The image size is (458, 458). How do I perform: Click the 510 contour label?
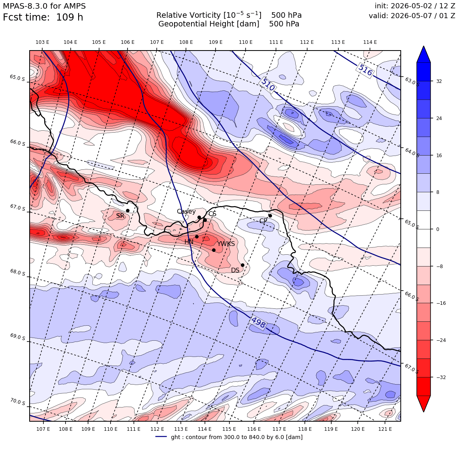click(x=268, y=84)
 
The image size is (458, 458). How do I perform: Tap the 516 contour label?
click(x=365, y=70)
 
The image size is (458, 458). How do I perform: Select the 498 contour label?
click(x=259, y=323)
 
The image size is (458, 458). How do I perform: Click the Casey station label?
click(x=186, y=212)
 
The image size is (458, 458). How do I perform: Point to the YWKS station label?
click(x=226, y=244)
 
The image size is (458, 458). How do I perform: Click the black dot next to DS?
click(x=242, y=265)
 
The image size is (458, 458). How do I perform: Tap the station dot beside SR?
click(x=128, y=210)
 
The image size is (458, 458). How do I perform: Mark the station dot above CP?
click(x=270, y=216)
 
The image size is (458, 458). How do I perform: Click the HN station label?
click(x=189, y=242)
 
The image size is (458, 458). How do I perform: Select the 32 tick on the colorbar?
click(x=439, y=81)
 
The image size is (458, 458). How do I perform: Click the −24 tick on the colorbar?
click(x=441, y=340)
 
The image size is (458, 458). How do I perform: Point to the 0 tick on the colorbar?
click(x=437, y=229)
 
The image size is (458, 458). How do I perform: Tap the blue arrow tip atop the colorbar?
click(x=424, y=46)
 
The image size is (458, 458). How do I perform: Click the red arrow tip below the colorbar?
click(x=424, y=411)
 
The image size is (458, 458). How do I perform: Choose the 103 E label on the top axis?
click(x=42, y=42)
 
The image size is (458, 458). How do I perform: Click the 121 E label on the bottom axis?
click(x=385, y=429)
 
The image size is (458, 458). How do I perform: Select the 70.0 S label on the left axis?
click(x=17, y=402)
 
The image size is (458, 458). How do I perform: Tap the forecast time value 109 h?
click(x=69, y=17)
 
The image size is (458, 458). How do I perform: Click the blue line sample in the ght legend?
click(x=161, y=437)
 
